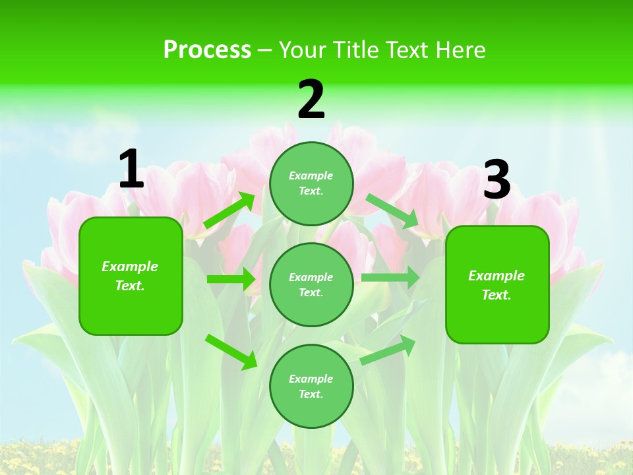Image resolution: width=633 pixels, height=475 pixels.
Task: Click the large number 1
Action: click(x=131, y=170)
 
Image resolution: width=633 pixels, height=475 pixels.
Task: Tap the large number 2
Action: click(x=311, y=100)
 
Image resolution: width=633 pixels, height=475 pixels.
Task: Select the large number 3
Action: click(x=497, y=179)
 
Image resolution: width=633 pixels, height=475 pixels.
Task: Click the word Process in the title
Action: click(x=207, y=49)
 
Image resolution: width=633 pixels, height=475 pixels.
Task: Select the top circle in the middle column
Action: click(x=311, y=183)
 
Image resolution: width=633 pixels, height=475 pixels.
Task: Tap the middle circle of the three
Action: click(x=311, y=284)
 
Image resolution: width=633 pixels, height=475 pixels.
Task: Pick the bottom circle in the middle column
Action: click(x=311, y=386)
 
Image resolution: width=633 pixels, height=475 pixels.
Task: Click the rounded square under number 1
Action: click(x=131, y=276)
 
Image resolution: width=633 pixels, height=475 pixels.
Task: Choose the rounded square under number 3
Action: click(x=497, y=285)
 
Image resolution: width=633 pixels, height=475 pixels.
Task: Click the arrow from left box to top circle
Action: click(x=230, y=210)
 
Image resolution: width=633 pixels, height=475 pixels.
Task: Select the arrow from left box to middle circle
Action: click(x=231, y=279)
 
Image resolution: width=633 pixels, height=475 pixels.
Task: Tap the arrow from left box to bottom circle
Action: click(x=231, y=352)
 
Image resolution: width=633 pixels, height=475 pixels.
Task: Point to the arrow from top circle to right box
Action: click(x=392, y=210)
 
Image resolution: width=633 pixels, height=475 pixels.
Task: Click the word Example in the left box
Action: click(x=130, y=267)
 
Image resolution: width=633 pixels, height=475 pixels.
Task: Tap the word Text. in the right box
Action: click(x=497, y=295)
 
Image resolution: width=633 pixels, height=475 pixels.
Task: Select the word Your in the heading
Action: click(x=305, y=49)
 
